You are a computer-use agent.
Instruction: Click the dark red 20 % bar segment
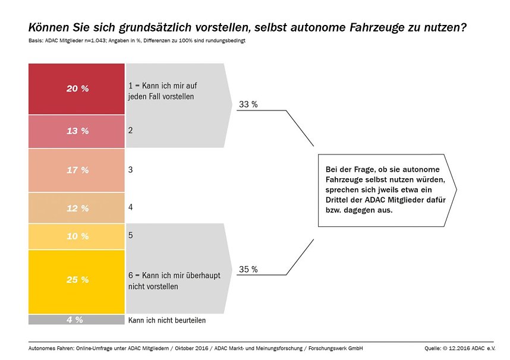click(77, 89)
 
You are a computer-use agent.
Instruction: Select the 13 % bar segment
click(77, 131)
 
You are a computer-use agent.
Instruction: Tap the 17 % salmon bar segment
click(77, 170)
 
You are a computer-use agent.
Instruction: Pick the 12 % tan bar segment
click(77, 209)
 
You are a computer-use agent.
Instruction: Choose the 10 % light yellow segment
click(77, 236)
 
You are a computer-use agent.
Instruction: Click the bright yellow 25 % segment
click(77, 280)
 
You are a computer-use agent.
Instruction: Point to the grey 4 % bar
click(77, 320)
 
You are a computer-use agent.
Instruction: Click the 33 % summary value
click(248, 105)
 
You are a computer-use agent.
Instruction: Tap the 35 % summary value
click(248, 269)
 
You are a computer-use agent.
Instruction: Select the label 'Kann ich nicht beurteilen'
click(167, 320)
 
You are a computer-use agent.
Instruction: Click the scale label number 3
click(130, 170)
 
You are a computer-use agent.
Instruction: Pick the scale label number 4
click(130, 208)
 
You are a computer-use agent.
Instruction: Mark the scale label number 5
click(130, 235)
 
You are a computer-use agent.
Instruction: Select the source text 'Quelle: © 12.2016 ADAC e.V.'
click(460, 348)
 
